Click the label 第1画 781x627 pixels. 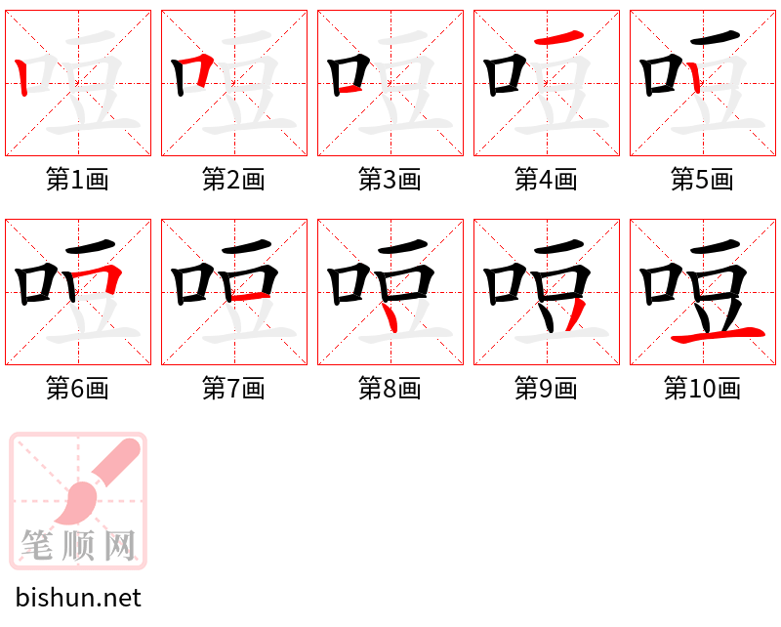[78, 180]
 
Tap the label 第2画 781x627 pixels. [234, 180]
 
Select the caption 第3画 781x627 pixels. [390, 180]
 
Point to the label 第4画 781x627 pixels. [547, 180]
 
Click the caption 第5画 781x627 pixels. [703, 180]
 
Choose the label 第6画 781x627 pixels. [78, 389]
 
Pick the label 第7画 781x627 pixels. [234, 389]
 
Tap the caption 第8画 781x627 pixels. [390, 389]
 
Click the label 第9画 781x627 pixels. [547, 389]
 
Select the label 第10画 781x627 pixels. [703, 389]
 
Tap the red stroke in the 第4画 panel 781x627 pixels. [559, 38]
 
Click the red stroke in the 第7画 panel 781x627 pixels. [252, 295]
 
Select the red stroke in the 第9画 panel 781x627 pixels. [575, 315]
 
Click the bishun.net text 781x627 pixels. [78, 598]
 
